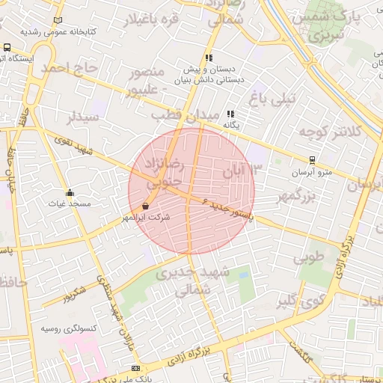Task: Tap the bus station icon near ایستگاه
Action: click(x=6, y=46)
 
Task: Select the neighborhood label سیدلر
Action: click(x=83, y=117)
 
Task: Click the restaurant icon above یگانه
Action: click(x=231, y=114)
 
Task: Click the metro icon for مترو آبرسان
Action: click(x=312, y=159)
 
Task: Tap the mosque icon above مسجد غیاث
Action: click(x=70, y=192)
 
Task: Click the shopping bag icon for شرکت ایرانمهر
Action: click(x=145, y=206)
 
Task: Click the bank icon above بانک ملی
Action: click(x=135, y=368)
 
